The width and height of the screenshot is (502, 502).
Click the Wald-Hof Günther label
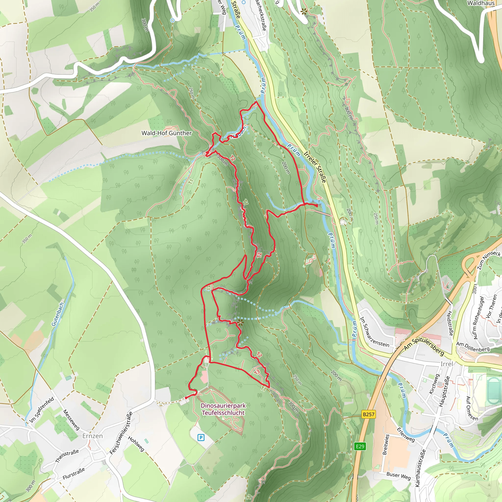point(166,133)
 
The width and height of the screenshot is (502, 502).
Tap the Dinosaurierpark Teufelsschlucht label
point(223,409)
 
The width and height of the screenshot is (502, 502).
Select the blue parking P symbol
point(201,438)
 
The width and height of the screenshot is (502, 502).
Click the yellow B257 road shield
point(368,414)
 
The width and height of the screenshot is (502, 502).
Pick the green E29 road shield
point(360,446)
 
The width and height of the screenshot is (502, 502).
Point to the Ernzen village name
point(92,436)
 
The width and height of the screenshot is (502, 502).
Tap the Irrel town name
point(446,364)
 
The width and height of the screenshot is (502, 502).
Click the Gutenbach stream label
point(57,314)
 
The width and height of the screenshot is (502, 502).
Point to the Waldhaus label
point(481,3)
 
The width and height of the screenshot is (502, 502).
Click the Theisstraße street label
point(67,456)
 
